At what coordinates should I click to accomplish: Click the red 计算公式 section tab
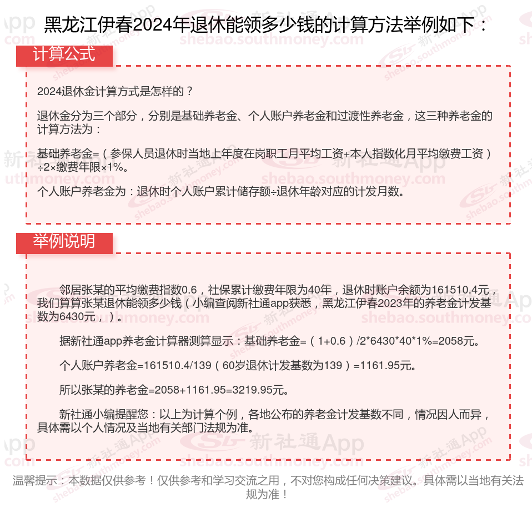pos(64,55)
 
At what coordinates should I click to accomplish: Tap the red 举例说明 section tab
pos(64,242)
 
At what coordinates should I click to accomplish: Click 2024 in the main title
pos(149,25)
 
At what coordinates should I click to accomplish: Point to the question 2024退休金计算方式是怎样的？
pos(115,91)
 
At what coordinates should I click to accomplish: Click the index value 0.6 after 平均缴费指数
pos(189,290)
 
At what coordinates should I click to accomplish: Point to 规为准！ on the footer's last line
pos(267,494)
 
